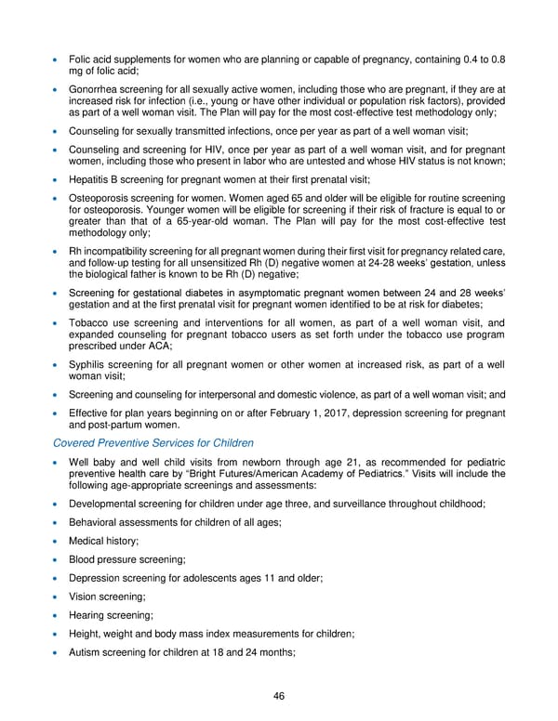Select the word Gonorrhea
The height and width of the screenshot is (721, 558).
[x=96, y=88]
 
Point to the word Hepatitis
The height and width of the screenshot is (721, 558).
[x=90, y=179]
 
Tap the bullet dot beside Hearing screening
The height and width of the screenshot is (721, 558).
[x=58, y=616]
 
